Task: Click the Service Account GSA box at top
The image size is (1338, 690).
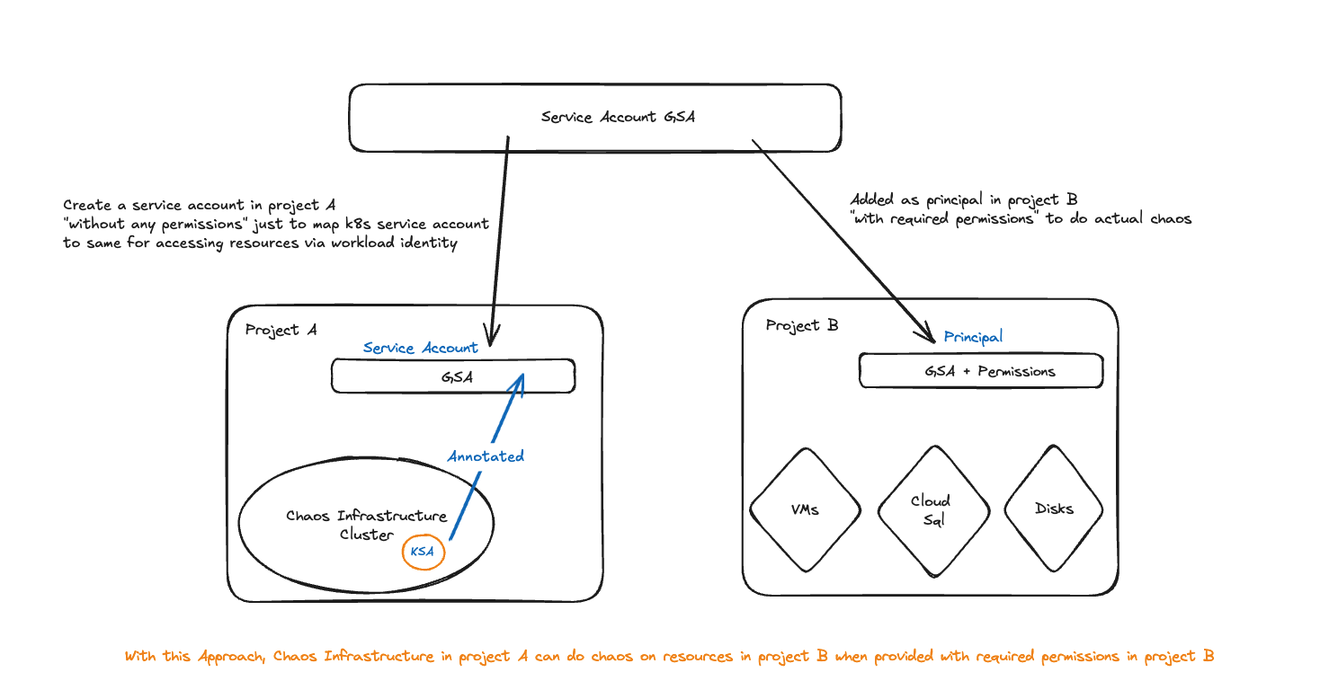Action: pos(594,118)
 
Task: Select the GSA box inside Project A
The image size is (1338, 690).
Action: pos(453,377)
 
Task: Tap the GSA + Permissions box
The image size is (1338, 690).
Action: pos(981,370)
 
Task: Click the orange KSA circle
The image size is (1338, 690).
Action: pos(423,552)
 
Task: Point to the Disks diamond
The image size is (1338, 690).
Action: pos(1054,509)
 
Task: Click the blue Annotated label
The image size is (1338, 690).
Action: pos(486,456)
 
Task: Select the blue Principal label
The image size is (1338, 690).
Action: pos(973,337)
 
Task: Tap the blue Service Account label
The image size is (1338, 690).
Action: pos(420,348)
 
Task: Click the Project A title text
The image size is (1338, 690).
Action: pos(281,330)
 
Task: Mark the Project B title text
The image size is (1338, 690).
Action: pos(802,325)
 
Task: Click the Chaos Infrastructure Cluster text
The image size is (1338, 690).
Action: pos(366,525)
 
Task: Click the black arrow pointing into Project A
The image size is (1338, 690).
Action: pos(500,243)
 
